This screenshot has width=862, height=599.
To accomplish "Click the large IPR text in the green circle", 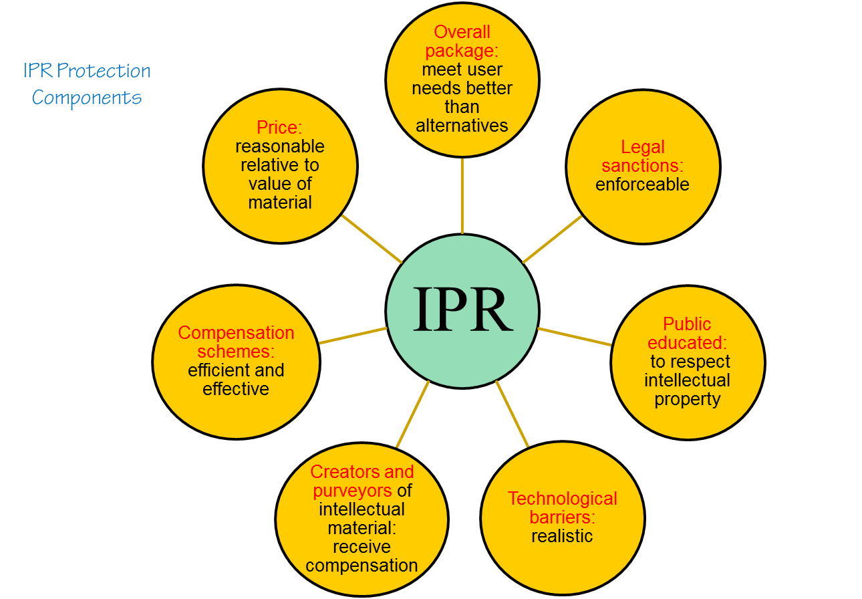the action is [462, 309].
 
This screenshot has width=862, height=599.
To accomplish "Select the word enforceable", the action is [642, 185].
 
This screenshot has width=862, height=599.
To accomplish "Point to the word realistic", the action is [562, 536].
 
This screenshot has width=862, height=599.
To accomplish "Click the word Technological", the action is [562, 499].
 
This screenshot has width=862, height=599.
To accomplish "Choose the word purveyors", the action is [353, 491].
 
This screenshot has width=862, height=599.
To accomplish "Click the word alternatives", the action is [462, 126].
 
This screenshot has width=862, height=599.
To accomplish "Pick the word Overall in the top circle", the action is [462, 32].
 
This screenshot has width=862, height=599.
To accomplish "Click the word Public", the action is [687, 324].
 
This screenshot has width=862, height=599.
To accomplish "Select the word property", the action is [688, 400].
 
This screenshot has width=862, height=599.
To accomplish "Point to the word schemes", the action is [236, 352].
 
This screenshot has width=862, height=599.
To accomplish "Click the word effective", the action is [236, 389].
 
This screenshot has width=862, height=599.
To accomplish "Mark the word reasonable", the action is [280, 146].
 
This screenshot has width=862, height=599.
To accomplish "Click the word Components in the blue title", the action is [87, 98].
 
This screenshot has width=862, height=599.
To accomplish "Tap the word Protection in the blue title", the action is [104, 70].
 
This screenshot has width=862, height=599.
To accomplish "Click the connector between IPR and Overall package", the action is [462, 196].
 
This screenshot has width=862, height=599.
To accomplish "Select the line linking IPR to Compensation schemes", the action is [353, 336].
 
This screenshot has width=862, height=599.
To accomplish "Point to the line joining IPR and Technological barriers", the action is [513, 414].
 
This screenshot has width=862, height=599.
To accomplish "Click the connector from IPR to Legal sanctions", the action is [552, 239].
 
